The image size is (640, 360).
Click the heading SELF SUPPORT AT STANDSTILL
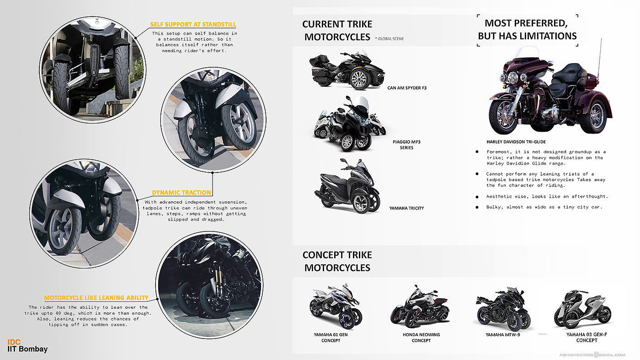(193, 24)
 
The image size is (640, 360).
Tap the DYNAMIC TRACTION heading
(181, 193)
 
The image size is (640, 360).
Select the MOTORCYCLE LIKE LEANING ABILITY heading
(96, 298)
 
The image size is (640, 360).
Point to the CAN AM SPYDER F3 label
(407, 87)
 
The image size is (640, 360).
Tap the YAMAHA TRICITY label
(406, 208)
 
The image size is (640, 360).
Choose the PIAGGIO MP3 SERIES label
(406, 145)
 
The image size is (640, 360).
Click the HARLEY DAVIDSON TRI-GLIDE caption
(516, 142)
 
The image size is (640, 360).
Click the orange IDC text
(14, 342)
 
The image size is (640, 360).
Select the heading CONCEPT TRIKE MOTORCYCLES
(337, 261)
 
